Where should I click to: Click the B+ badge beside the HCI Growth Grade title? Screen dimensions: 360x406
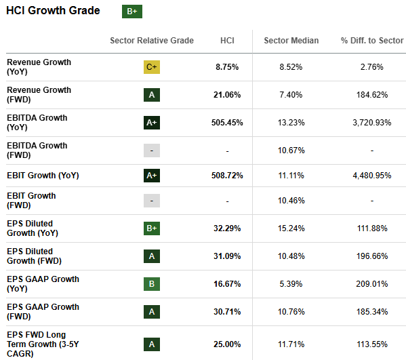coord(131,11)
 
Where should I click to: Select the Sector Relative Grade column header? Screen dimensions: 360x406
coord(152,41)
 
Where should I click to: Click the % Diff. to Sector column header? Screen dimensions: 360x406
coord(371,41)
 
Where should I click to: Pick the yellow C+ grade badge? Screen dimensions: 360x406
coord(152,67)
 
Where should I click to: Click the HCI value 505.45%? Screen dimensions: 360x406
coord(227,123)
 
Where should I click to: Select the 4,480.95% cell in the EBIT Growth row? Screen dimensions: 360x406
coord(371,175)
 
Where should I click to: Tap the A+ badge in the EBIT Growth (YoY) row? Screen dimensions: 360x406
coord(152,175)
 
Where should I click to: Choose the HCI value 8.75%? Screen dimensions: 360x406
coord(227,67)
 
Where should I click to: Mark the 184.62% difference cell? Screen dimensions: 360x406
coord(371,95)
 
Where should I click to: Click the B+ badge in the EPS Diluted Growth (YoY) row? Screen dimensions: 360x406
coord(152,228)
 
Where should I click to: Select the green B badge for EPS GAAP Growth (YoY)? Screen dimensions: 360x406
coord(152,284)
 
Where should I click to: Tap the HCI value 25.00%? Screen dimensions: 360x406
coord(227,344)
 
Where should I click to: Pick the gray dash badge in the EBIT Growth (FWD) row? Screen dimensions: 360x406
coord(152,201)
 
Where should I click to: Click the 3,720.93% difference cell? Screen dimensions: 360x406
coord(371,123)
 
